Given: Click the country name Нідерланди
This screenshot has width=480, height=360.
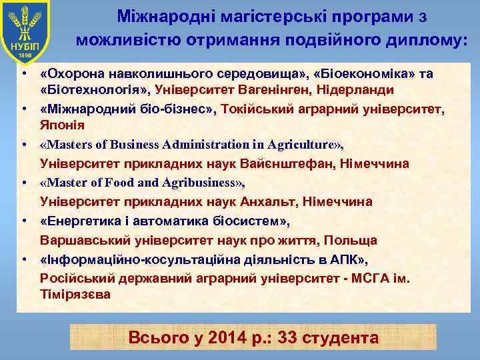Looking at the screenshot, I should pos(360,89).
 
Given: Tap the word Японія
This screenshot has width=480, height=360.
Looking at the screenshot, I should pos(60,125).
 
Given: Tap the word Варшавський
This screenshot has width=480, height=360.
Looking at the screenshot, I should pos(79,240).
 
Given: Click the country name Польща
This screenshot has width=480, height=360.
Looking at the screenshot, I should pos(353,240).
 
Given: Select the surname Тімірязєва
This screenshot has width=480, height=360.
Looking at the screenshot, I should pos(75,293).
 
